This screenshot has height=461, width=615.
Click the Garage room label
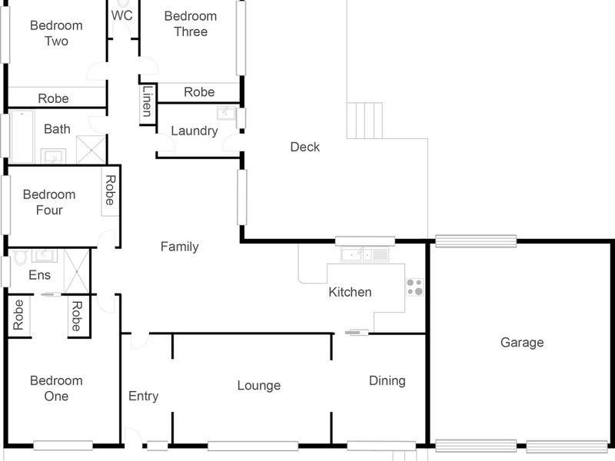522,343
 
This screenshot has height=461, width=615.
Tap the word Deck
304,147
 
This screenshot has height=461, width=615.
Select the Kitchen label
350,292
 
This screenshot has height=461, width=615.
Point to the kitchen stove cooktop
414,287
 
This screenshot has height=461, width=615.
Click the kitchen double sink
366,255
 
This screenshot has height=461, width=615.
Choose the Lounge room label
258,386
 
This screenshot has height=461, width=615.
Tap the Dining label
387,380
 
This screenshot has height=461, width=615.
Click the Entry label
143,396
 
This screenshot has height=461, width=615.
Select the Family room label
179,247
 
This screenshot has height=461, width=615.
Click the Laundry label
194,131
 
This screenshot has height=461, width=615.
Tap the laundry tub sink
226,114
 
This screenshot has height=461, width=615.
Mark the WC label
121,15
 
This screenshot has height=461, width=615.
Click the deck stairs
364,121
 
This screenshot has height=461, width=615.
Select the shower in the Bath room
92,150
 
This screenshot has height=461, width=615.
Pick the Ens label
39,275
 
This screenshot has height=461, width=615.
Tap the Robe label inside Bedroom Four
110,191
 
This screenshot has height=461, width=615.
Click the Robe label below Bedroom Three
199,92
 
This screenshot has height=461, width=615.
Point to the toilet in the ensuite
19,257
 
